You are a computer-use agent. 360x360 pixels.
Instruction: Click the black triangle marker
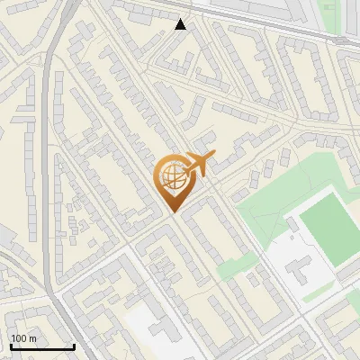pos(181,24)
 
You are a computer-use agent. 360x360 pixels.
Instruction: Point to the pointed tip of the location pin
pos(172,211)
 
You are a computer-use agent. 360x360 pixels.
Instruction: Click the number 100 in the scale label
pos(19,338)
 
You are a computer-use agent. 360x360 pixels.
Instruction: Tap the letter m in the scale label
pos(32,338)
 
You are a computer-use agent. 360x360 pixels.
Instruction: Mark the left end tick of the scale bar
pos(11,346)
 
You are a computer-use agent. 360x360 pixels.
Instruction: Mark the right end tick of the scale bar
pos(74,346)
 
